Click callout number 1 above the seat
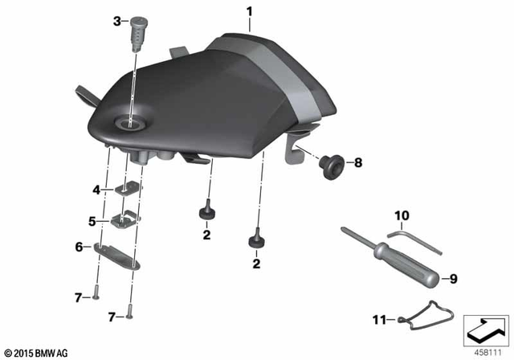coord(249,12)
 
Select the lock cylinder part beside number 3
coord(133,30)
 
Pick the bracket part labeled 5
coord(124,219)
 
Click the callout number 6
coord(79,247)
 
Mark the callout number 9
coord(452,279)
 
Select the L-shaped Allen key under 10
coord(414,241)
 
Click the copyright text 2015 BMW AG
coord(35,352)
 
